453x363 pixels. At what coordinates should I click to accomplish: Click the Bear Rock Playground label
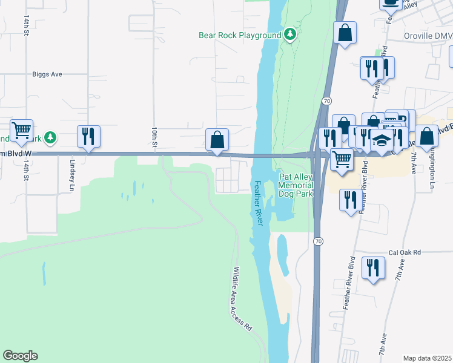[x=240, y=35]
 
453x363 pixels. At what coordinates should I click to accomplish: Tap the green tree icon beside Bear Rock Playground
[x=290, y=34]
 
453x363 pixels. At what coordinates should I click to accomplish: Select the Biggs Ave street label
[x=47, y=74]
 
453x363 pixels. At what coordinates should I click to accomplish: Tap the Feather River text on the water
[x=259, y=203]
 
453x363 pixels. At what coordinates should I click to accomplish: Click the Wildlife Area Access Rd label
[x=241, y=299]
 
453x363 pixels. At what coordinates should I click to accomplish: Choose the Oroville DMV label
[x=428, y=36]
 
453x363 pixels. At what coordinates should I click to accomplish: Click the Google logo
[x=20, y=356]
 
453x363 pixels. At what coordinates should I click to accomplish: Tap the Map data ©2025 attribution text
[x=427, y=358]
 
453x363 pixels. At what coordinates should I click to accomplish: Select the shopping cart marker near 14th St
[x=21, y=131]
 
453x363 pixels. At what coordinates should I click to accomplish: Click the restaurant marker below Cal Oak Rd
[x=373, y=268]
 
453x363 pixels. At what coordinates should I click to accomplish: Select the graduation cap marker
[x=382, y=141]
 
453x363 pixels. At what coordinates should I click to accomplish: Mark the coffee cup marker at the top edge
[x=390, y=2]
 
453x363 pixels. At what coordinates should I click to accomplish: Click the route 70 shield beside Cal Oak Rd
[x=318, y=241]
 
